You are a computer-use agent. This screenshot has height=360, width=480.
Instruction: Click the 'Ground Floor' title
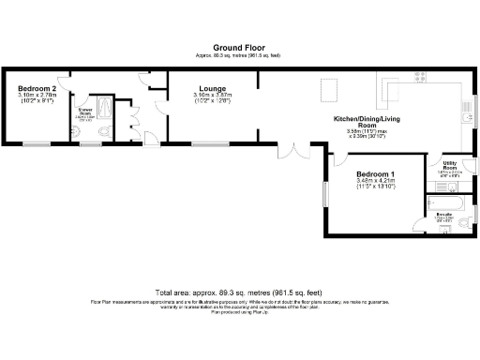238,46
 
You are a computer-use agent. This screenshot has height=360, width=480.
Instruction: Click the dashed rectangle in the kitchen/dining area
329,91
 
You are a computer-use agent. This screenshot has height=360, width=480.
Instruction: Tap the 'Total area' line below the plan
238,292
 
